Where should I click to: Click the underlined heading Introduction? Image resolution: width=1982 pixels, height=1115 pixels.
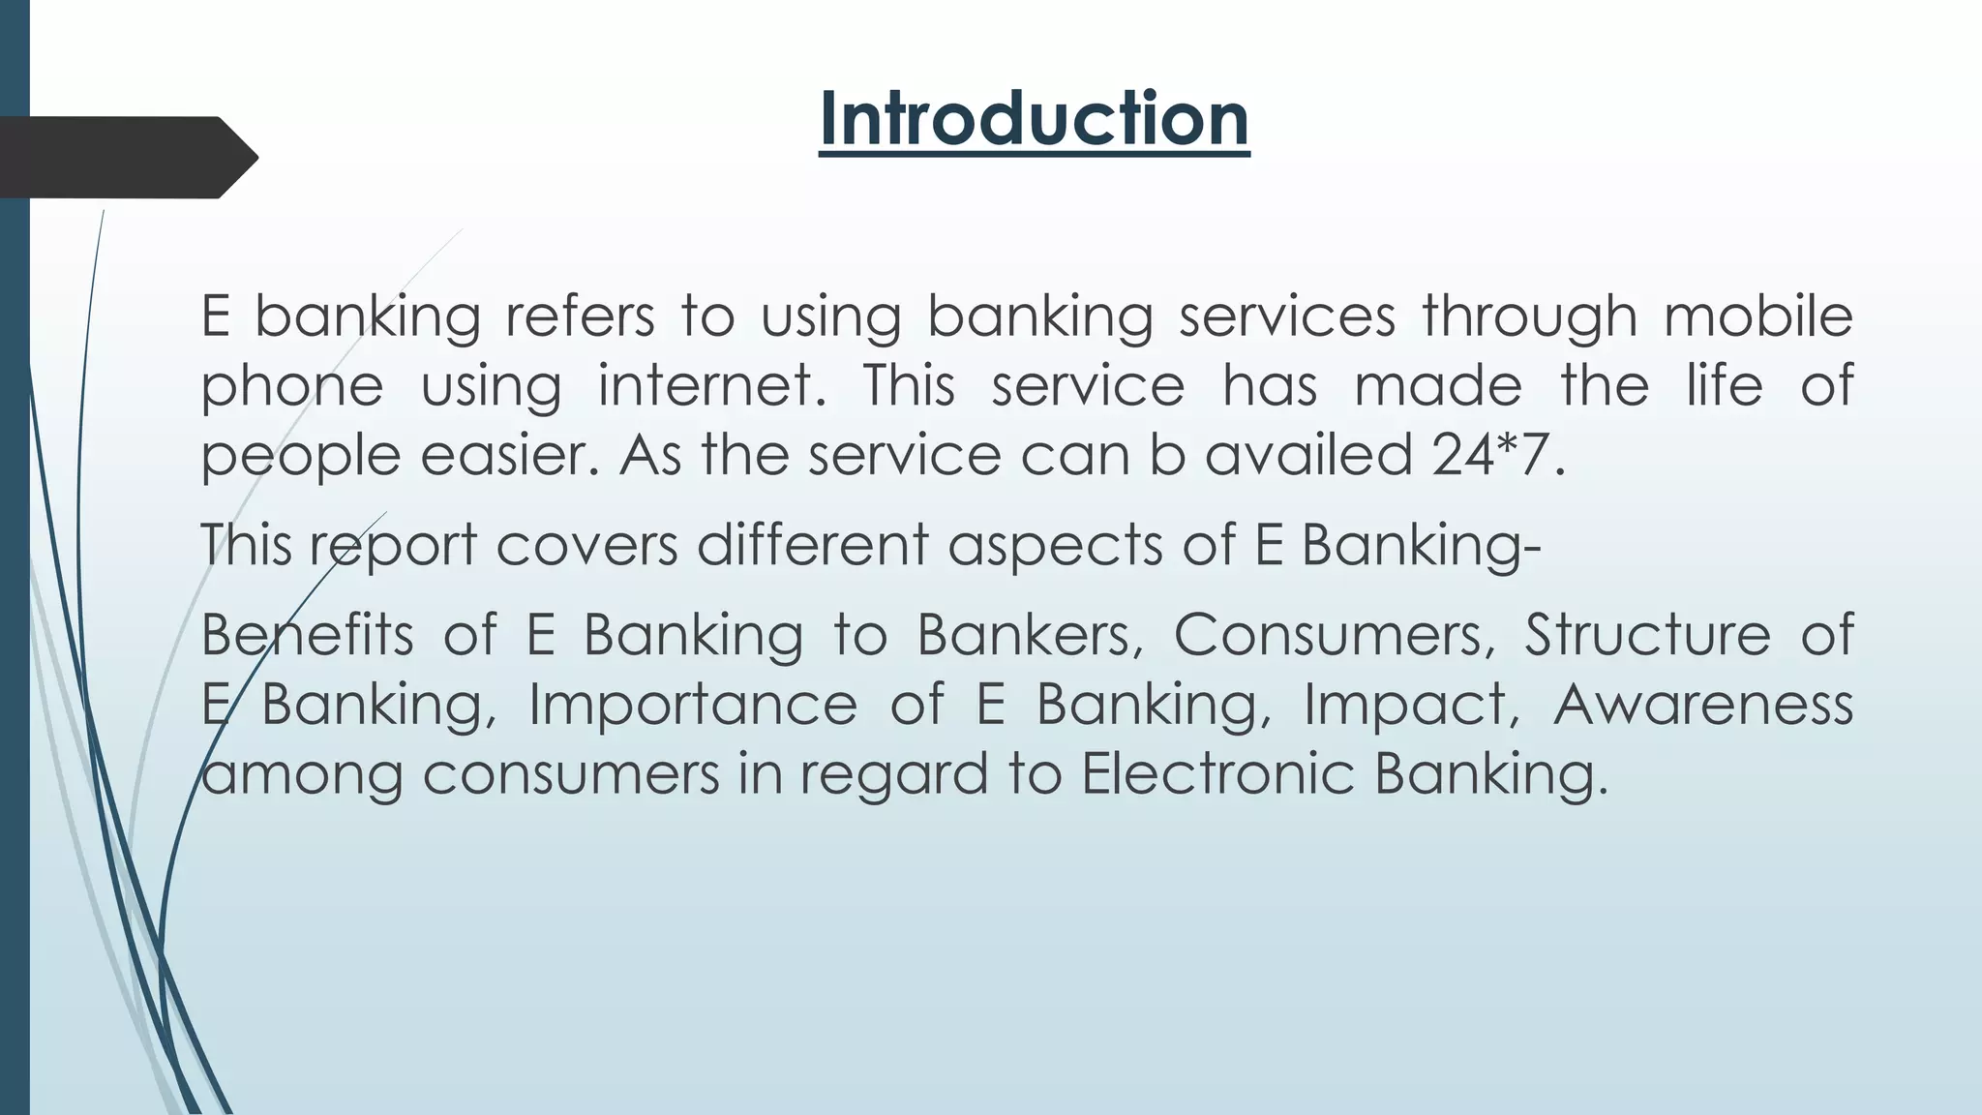[1034, 119]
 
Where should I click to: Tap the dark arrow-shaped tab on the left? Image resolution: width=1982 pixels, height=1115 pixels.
[126, 158]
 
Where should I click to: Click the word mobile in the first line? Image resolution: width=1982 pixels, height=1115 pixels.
[1757, 316]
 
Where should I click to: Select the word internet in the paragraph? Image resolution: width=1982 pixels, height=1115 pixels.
[712, 385]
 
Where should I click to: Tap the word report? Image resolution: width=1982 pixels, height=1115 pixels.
[393, 545]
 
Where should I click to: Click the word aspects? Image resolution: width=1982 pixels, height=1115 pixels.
[1055, 545]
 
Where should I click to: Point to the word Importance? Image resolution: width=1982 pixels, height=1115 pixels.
[692, 704]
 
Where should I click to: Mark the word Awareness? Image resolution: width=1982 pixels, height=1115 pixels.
[1702, 704]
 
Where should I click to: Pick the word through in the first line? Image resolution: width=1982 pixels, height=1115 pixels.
[1529, 316]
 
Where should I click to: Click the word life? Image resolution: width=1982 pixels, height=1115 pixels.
[1725, 385]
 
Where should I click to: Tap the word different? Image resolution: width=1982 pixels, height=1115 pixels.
[813, 545]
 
